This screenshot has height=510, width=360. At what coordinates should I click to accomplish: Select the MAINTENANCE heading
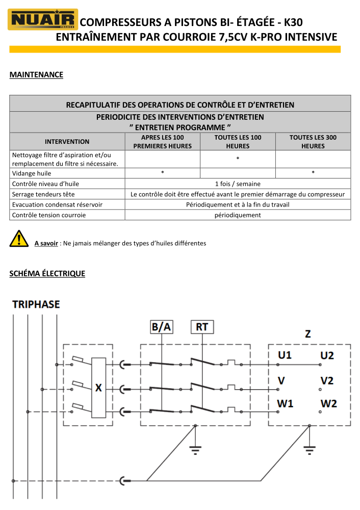coord(36,75)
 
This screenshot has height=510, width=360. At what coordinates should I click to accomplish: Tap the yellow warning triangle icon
coord(19,238)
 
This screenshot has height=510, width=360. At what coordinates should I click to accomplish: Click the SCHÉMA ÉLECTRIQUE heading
coord(47,274)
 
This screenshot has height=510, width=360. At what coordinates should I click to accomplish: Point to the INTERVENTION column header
coord(67,142)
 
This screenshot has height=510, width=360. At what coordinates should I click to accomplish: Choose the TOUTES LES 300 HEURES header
coord(313,142)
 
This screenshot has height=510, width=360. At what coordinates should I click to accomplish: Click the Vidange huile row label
coord(32,173)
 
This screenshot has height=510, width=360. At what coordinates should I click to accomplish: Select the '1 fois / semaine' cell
coord(238,184)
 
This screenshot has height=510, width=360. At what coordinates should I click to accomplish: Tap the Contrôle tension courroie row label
coord(49,215)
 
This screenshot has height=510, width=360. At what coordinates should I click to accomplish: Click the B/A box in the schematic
coord(161,327)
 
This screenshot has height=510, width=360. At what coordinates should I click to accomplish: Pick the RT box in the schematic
coord(202,327)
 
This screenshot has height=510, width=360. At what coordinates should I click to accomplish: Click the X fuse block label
coord(98,388)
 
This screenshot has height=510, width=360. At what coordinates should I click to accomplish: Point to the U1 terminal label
coord(285,355)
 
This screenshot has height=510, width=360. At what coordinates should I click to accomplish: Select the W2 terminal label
coord(328,404)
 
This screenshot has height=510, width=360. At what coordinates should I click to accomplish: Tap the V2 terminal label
coord(327,380)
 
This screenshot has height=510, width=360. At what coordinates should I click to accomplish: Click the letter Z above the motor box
coord(308,334)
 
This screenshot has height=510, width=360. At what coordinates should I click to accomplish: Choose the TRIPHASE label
coord(36,305)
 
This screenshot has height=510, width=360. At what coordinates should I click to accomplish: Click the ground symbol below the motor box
coord(309,449)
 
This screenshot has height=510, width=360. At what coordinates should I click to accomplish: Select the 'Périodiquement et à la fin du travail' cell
coord(238,205)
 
